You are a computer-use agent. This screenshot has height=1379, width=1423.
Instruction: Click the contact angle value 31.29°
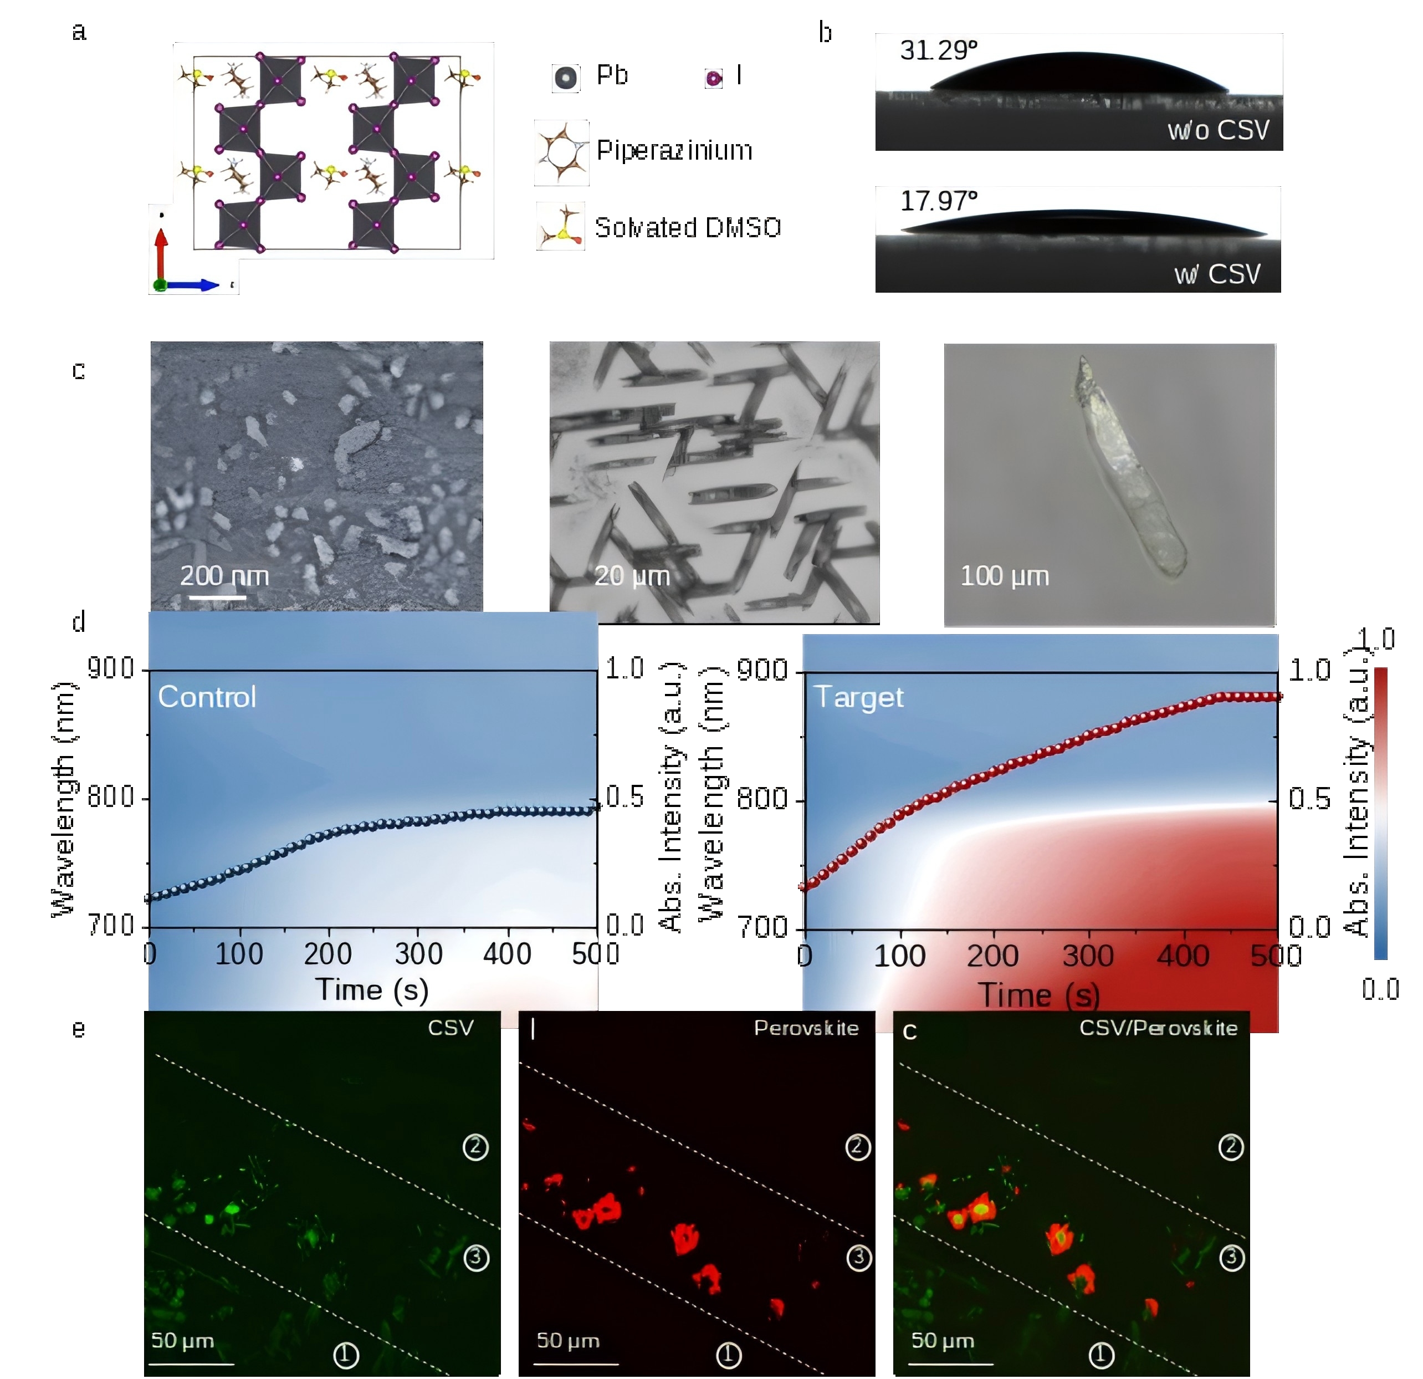[938, 51]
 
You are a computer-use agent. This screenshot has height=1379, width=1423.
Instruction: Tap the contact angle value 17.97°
[938, 201]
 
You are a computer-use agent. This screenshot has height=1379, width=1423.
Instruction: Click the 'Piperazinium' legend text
[674, 150]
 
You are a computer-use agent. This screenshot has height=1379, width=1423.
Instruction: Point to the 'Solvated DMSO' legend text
[688, 228]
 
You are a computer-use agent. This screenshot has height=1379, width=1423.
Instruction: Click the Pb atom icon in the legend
[566, 78]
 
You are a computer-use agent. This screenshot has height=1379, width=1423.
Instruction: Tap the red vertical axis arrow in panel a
[161, 254]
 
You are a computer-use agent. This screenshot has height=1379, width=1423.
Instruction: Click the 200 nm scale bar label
[224, 576]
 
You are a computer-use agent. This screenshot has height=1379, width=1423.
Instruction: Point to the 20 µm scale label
[632, 576]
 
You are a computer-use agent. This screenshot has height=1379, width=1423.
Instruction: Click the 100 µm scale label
[1004, 576]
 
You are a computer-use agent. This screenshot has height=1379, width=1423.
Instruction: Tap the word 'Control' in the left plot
[207, 697]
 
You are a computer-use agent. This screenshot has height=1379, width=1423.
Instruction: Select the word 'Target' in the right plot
[859, 697]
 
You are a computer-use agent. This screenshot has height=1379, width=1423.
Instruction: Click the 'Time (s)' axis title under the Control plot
[372, 990]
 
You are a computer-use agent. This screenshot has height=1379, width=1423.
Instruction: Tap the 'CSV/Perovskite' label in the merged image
[1158, 1028]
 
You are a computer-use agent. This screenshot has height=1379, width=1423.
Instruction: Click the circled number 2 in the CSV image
[476, 1147]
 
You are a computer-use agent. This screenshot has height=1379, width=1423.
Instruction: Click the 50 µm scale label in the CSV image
[182, 1341]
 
